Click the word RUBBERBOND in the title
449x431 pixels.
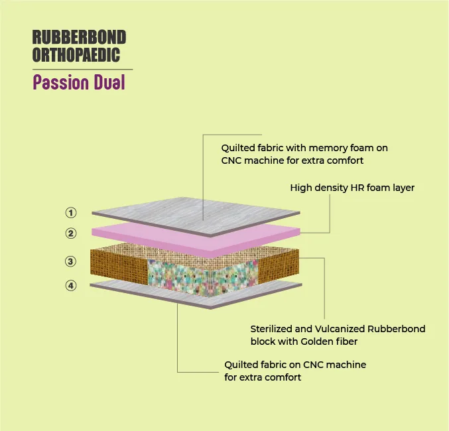[79, 37]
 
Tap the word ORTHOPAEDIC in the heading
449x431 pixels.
[76, 54]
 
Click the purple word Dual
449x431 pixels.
[109, 82]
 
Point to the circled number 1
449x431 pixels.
[71, 213]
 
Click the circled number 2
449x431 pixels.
[71, 233]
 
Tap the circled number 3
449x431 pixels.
[71, 261]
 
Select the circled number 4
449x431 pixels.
[71, 286]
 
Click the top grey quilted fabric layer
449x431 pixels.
[196, 216]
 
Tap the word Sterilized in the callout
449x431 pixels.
[271, 329]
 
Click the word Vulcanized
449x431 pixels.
[340, 329]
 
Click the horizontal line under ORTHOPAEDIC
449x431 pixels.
[82, 70]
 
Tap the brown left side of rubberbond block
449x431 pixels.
[119, 267]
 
